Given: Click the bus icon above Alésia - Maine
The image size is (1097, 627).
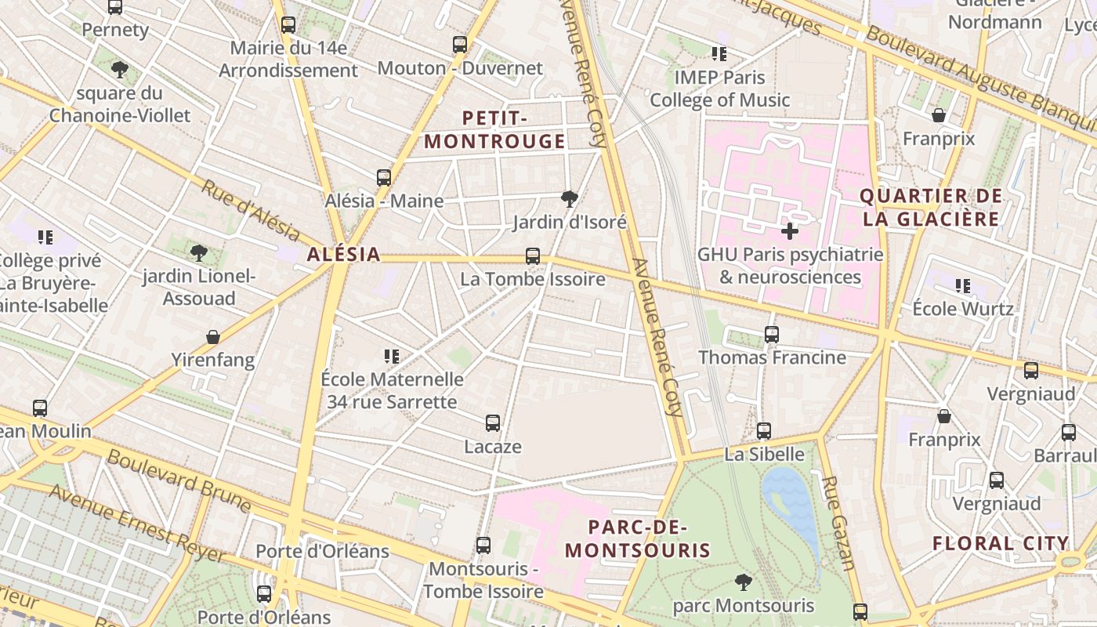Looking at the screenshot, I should pos(383,178).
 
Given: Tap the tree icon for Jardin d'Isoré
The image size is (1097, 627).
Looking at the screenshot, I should pos(570,199).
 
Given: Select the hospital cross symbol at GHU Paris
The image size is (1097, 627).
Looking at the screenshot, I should pos(790,231).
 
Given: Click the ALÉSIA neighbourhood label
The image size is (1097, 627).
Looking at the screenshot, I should pos(344,254).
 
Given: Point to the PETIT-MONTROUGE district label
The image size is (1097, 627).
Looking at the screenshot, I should pos(494,130).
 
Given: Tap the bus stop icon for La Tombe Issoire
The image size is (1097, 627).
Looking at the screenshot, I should pos(533,256).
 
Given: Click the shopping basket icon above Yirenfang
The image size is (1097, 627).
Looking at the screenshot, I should pos(212,337).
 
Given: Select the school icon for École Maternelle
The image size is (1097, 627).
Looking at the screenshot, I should pos(392,357).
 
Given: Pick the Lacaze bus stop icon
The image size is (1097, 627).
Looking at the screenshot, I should pos(493,423).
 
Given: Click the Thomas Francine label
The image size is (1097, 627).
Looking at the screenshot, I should pos(772,357).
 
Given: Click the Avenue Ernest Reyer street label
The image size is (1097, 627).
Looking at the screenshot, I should pos(137,523).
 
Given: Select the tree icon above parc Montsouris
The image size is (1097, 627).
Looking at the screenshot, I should pos(743,582).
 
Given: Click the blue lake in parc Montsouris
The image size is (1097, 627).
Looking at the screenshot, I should pos(791,502).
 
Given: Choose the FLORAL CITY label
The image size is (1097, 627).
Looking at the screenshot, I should pos(1001,543).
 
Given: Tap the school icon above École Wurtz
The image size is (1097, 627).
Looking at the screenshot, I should pos(962,286).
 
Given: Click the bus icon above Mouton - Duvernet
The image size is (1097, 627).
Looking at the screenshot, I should pos(460,45).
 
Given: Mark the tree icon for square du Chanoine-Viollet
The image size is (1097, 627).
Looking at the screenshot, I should pos(120,70).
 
